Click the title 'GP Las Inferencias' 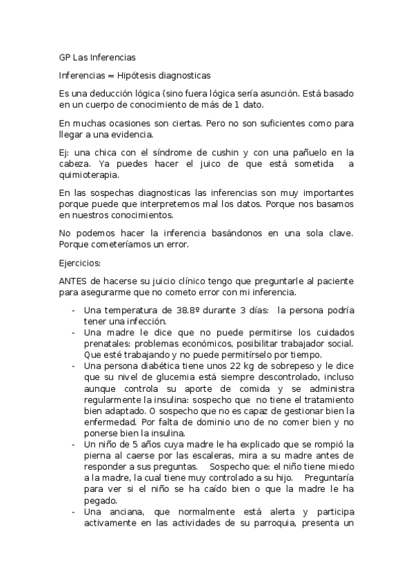(x=97, y=57)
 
